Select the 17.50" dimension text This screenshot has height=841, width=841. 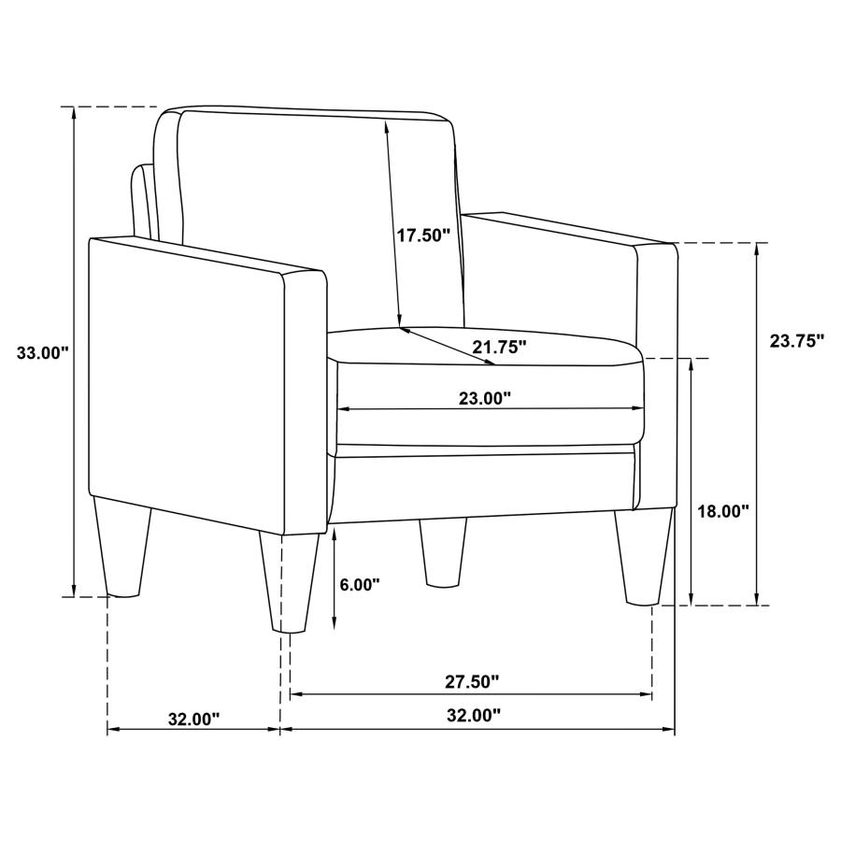click(x=423, y=235)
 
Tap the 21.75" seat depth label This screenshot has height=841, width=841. click(x=499, y=348)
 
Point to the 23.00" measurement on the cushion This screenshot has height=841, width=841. click(x=484, y=398)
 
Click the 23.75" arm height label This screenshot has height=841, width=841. click(x=797, y=341)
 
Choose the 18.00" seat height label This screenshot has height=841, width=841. click(x=724, y=511)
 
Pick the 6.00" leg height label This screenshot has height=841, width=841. click(x=360, y=585)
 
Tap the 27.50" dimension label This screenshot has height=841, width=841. click(x=471, y=682)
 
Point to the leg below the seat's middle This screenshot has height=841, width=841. click(x=444, y=551)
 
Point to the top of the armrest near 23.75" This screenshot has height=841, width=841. click(x=570, y=227)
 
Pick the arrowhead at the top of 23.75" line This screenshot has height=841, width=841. click(x=756, y=249)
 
